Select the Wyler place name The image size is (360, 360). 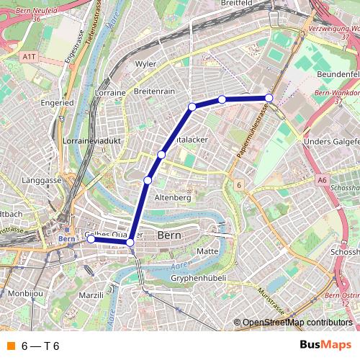(x=145, y=64)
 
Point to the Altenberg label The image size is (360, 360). (x=173, y=197)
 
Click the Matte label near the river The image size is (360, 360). (x=207, y=251)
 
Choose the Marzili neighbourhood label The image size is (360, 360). (x=91, y=295)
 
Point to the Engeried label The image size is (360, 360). (x=58, y=103)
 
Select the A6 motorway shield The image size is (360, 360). (x=322, y=180)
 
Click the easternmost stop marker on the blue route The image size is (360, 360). (x=269, y=98)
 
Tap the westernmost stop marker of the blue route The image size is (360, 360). (x=91, y=240)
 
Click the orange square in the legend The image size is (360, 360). (x=9, y=346)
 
